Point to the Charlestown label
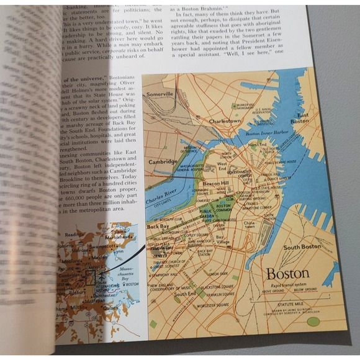tap(225, 121)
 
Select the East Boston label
tap(299, 119)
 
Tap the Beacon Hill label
tap(216, 185)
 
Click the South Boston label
tap(302, 246)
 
